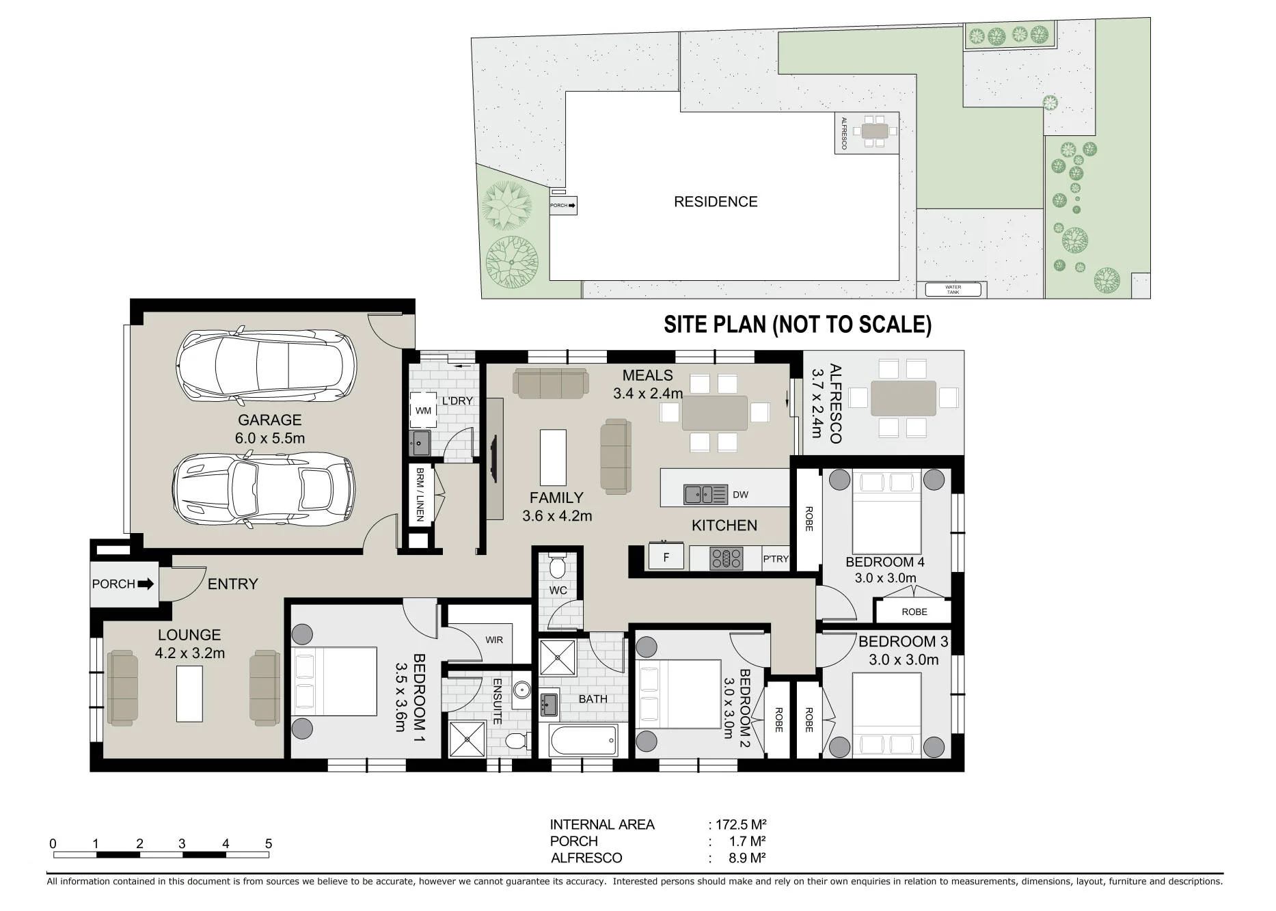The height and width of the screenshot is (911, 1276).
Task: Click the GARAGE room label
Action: pos(269,420)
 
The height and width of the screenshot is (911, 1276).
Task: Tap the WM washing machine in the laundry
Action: pos(423,411)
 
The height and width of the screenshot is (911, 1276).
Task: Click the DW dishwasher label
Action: pos(740,495)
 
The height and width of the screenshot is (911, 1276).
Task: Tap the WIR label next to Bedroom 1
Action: pos(494,640)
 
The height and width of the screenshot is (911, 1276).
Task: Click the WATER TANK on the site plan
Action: pos(953,290)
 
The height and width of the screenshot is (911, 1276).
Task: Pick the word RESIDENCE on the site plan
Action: pos(716,202)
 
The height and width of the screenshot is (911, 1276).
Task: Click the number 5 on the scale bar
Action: pos(269,844)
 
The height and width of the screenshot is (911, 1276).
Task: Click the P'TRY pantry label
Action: pos(776,559)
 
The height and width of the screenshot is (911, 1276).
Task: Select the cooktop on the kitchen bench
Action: pos(727,558)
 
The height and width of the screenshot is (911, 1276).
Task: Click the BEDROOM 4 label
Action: pos(885,562)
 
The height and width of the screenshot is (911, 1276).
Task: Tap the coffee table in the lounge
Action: pos(190,694)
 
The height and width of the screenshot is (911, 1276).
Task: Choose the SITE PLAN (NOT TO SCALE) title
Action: pos(798,324)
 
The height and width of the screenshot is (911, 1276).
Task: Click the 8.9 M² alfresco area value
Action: pos(747,858)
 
